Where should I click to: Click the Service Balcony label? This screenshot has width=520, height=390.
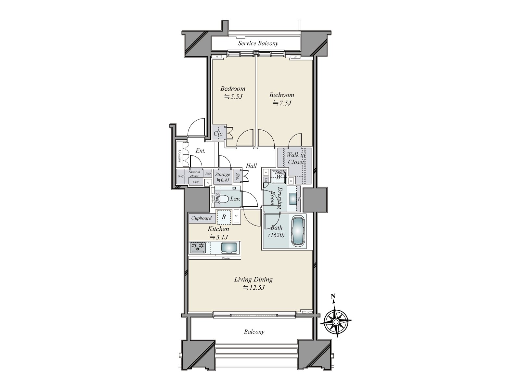pos(258,43)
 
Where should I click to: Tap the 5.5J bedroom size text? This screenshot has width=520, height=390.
pos(233,97)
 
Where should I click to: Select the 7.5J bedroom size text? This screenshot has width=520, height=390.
pos(281,103)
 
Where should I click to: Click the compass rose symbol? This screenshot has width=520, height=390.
pos(336,321)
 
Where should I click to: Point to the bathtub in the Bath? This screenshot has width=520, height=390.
pos(298,231)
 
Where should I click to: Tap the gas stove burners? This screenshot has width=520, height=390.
pos(198,248)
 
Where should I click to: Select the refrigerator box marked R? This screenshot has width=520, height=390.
pos(224,217)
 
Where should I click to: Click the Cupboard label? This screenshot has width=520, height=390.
pos(201,218)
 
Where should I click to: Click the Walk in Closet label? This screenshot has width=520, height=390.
pos(295,158)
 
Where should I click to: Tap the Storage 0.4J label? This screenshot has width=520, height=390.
pos(223,177)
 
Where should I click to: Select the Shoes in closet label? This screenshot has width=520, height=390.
pos(194,174)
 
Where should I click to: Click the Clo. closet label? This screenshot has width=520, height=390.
pos(218,133)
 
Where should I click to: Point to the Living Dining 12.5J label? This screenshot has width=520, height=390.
pos(253,283)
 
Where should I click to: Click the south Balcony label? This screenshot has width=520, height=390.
pos(254,332)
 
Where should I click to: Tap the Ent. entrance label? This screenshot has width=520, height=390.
pos(200,151)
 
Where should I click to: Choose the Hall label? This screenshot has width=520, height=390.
pos(251,166)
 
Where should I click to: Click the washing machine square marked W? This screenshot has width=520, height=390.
pos(279,177)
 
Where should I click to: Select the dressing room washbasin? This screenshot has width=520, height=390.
pos(292,198)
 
